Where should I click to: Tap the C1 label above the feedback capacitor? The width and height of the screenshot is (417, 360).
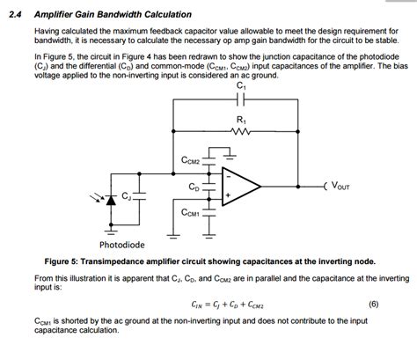[x=241, y=86]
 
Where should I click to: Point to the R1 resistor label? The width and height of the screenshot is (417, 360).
[x=241, y=120]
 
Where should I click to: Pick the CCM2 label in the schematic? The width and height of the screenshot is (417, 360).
[x=189, y=161]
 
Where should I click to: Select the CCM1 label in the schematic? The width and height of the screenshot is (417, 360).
[x=189, y=213]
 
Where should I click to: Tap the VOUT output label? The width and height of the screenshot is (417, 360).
[x=340, y=187]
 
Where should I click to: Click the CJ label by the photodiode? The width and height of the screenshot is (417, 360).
[x=128, y=195]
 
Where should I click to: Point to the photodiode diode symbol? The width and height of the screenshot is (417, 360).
[x=110, y=201]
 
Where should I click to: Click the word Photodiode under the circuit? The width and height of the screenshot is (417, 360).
[x=122, y=245]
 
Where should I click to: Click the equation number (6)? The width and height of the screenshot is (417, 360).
[x=374, y=305]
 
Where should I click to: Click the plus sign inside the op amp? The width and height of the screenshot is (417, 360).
[x=228, y=195]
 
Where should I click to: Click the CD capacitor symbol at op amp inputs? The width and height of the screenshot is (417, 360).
[x=211, y=187]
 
